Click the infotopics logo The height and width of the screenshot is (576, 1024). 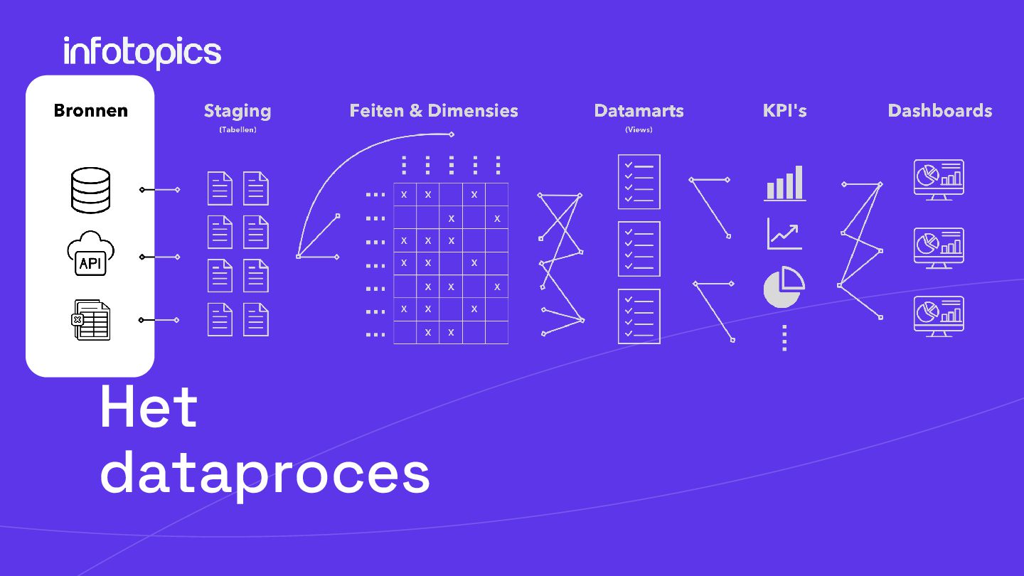click(142, 53)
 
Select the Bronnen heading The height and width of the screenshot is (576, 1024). click(91, 111)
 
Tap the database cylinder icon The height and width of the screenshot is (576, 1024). click(91, 190)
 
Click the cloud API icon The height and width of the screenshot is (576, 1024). click(90, 255)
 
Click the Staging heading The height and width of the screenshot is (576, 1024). click(238, 111)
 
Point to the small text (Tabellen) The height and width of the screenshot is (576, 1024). click(238, 130)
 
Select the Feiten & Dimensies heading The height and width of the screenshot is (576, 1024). click(434, 111)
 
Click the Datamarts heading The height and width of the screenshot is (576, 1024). click(639, 111)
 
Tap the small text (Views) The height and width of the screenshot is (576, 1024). click(639, 130)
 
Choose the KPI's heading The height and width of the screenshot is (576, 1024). click(784, 111)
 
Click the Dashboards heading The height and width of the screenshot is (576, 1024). click(939, 111)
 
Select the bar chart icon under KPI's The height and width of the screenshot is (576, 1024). click(785, 183)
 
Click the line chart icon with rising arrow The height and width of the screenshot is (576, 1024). click(784, 233)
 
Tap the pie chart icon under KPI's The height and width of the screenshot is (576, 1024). click(784, 287)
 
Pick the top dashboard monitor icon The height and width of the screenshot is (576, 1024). click(939, 179)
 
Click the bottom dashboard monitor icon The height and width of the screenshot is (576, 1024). click(939, 316)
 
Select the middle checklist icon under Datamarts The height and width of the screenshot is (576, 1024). click(639, 249)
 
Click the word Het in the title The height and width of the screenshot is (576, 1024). click(149, 407)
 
